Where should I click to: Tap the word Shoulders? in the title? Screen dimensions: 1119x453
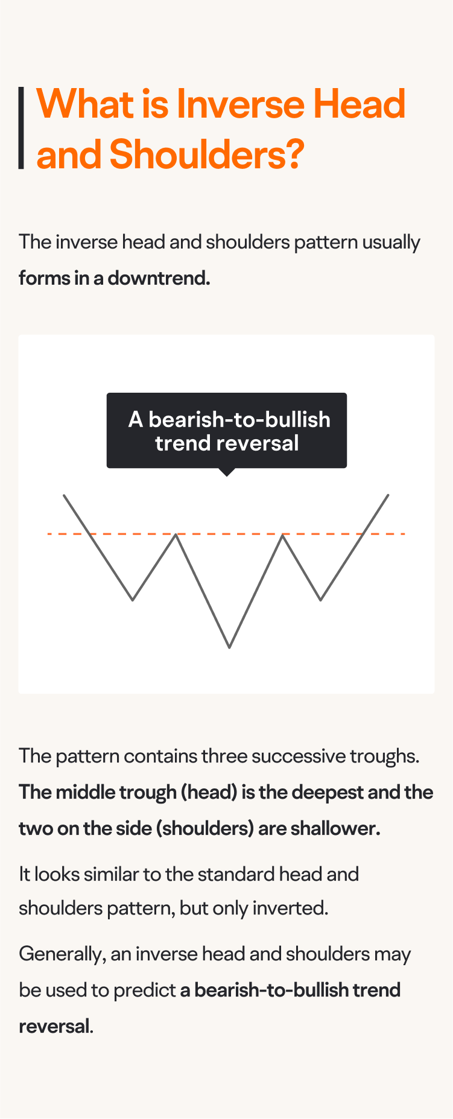206,154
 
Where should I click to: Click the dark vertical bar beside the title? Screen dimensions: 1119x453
22,128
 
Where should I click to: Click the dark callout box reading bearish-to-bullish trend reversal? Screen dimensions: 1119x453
227,430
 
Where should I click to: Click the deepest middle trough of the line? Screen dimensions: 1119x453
229,647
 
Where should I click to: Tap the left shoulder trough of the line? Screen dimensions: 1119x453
133,600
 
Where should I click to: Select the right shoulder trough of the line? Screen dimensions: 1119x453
321,600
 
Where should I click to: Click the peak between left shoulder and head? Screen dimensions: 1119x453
176,535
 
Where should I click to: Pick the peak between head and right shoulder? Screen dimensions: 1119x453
283,536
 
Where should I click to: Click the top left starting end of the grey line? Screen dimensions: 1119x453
64,495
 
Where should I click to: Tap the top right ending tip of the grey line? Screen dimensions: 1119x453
388,495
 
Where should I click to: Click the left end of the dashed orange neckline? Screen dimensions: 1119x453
49,534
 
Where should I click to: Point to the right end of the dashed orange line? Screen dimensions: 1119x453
403,534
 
